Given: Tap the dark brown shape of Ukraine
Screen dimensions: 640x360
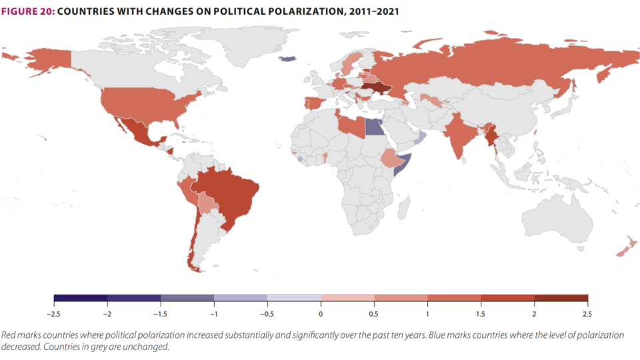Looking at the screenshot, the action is click(376, 88).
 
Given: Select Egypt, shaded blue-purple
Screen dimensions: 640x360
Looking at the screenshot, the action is click(374, 127).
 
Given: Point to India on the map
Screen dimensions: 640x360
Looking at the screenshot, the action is click(459, 135).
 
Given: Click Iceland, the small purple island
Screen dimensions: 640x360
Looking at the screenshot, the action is click(288, 59).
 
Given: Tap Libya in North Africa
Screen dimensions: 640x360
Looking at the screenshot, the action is click(352, 127).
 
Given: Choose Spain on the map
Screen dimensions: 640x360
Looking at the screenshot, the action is click(314, 103).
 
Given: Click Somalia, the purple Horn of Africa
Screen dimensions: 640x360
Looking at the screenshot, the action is click(404, 164).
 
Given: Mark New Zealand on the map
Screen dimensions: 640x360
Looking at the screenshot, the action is click(627, 246).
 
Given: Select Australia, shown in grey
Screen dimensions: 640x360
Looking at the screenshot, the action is click(557, 219).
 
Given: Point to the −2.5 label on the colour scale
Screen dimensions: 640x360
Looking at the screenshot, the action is click(53, 314).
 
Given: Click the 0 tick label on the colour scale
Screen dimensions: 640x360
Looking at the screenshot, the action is click(321, 314).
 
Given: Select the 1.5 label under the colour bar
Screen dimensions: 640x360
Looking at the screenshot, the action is click(481, 314).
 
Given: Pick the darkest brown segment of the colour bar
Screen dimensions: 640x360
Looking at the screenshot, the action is click(561, 298).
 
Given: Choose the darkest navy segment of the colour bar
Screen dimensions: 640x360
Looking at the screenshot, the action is click(81, 298).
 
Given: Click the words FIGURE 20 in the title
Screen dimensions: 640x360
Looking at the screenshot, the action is click(28, 11).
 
